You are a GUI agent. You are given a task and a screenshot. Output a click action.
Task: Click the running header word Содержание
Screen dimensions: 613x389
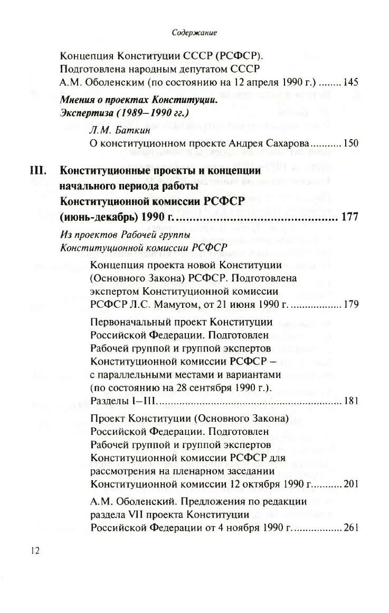pyautogui.click(x=195, y=33)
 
